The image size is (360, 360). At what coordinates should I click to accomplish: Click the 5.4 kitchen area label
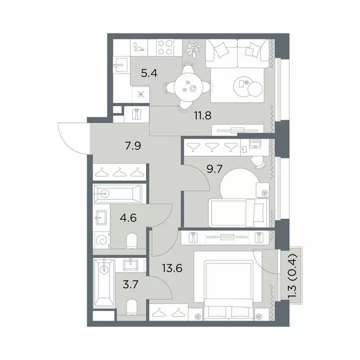point(149,74)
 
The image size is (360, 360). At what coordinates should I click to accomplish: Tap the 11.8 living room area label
point(202,115)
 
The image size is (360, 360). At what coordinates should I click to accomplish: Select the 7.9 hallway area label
point(133,146)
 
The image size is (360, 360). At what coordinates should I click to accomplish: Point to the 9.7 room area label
point(214,169)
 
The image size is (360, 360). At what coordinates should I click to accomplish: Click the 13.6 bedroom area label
point(172,268)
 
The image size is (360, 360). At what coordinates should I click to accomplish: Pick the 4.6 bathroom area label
point(128,217)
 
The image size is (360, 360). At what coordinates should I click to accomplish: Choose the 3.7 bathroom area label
point(130,285)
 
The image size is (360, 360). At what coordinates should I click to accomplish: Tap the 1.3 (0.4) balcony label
point(293,276)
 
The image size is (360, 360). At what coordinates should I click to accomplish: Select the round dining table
point(188,87)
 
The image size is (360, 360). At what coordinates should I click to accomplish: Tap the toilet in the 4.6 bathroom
point(132,241)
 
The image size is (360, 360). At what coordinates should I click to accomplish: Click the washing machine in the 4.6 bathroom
point(101,240)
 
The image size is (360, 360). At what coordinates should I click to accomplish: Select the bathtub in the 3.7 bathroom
point(104,283)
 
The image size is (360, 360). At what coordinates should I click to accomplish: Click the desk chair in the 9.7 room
point(258,162)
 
